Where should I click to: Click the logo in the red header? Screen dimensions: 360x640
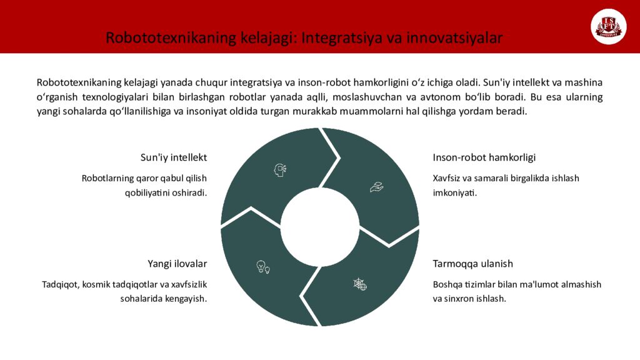608,27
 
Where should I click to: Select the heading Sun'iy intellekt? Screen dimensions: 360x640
174,157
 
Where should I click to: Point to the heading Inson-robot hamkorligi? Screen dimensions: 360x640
484,157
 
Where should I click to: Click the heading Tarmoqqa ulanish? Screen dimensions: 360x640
473,263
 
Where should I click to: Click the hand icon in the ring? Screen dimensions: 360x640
376,186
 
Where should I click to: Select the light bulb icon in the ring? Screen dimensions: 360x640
263,267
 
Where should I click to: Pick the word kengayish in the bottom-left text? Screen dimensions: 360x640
185,298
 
